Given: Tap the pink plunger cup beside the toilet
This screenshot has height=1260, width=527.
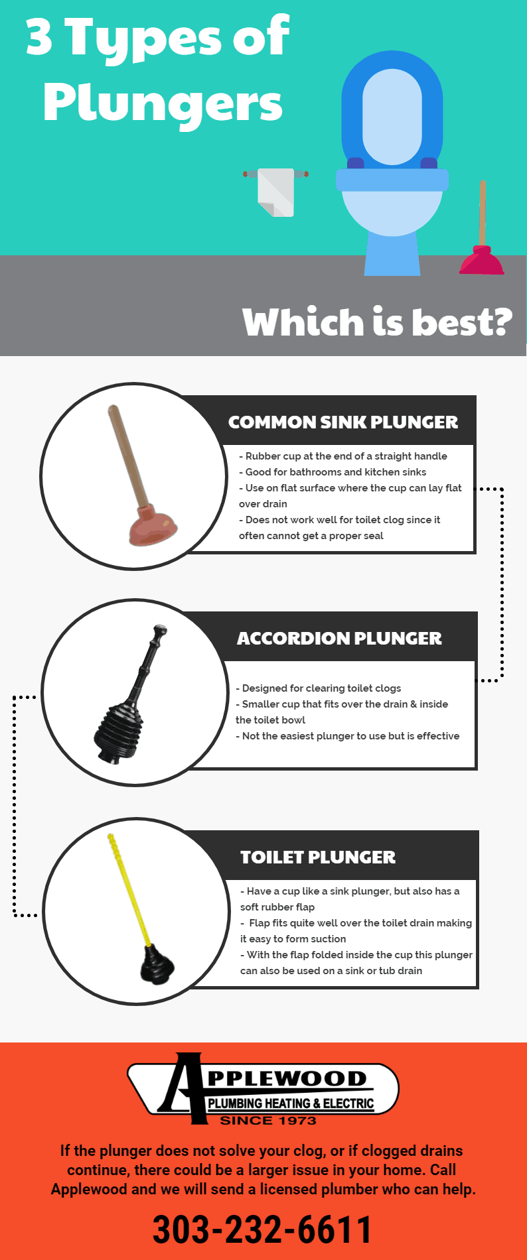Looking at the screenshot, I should [x=482, y=261].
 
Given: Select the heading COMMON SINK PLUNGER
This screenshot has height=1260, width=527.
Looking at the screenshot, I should [x=342, y=422].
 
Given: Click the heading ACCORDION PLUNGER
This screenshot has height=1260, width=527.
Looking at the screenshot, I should [x=339, y=638].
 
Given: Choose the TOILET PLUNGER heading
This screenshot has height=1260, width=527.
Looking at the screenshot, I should [x=317, y=857].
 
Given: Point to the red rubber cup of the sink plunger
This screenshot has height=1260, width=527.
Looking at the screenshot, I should [x=153, y=525].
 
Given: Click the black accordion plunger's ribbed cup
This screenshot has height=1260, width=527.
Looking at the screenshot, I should [x=119, y=729].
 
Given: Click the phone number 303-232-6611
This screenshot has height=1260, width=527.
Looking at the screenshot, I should [x=263, y=1229].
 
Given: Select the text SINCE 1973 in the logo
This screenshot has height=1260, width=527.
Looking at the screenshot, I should [x=268, y=1120].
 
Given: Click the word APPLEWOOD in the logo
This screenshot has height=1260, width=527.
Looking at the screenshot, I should [x=285, y=1079].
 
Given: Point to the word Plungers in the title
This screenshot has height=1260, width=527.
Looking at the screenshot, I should [x=163, y=103].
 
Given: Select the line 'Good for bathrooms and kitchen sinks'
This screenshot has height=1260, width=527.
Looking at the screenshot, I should [x=335, y=472].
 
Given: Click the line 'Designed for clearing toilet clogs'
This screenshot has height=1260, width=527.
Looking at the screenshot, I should [x=321, y=688].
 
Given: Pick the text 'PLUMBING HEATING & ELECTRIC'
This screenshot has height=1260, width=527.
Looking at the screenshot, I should [x=291, y=1103].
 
